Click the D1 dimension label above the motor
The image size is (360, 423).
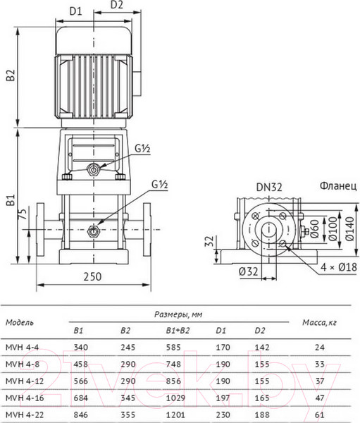pyautogui.click(x=75, y=11)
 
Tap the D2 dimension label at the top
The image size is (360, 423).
pyautogui.click(x=117, y=5)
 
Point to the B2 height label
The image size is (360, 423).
pyautogui.click(x=11, y=75)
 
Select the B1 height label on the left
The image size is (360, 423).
pyautogui.click(x=11, y=200)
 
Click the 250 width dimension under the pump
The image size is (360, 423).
pyautogui.click(x=92, y=277)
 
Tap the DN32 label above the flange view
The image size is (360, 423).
pyautogui.click(x=269, y=187)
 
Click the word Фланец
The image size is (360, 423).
pyautogui.click(x=338, y=186)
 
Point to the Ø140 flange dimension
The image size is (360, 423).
pyautogui.click(x=349, y=228)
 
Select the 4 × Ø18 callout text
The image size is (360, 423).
pyautogui.click(x=339, y=267)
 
